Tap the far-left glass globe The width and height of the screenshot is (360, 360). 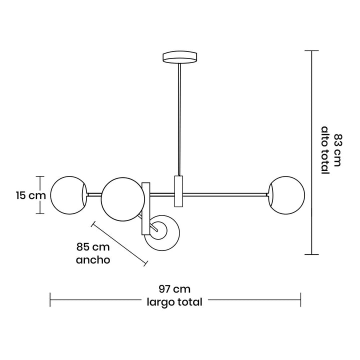pos(69,195)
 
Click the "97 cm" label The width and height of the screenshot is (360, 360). pos(174,289)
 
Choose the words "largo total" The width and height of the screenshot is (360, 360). pos(174,302)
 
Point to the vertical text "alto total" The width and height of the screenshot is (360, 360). pos(324,150)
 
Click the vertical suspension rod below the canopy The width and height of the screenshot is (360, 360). pos(179,120)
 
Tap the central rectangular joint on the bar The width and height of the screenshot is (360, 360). pos(179,191)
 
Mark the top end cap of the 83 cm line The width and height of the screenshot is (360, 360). pos(311,51)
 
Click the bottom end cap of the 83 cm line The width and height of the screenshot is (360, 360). pos(311,254)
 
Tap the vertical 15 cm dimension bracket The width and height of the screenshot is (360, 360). pos(41,195)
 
